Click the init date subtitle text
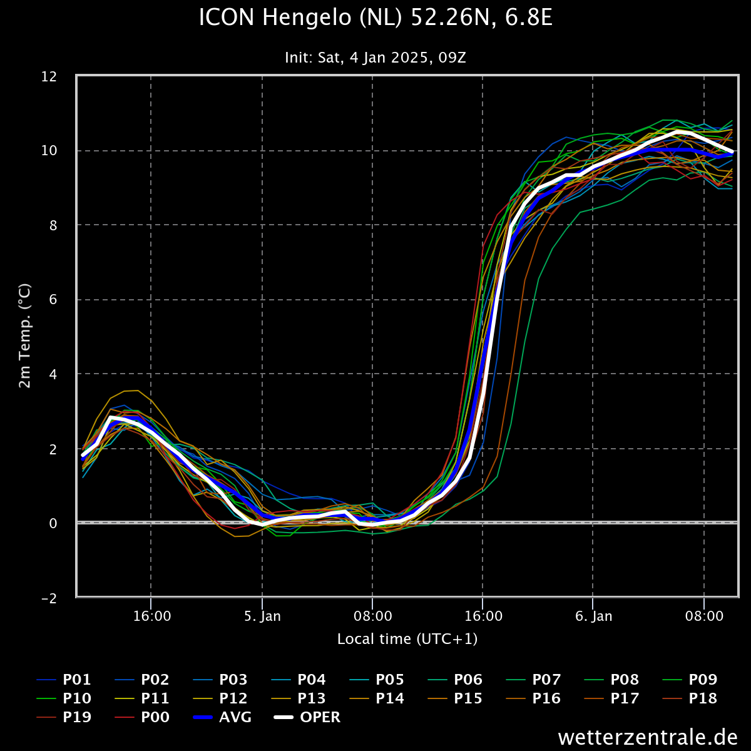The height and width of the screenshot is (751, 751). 375,58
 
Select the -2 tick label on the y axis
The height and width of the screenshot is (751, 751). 58,598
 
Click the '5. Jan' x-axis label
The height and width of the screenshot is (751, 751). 262,616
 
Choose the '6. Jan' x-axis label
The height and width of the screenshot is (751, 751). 593,616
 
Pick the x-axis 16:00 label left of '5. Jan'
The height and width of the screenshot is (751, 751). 152,616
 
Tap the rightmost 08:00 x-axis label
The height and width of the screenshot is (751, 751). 704,616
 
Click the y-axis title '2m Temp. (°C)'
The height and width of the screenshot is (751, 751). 25,335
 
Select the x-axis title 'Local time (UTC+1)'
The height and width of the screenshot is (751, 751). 407,639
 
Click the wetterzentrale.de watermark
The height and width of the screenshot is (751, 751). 648,737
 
